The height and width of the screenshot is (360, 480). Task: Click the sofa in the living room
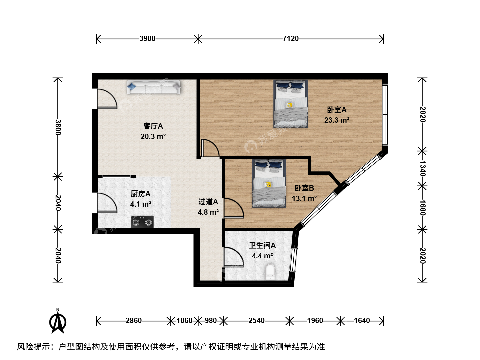point(154,87)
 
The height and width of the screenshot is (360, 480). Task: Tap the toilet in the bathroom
point(270,272)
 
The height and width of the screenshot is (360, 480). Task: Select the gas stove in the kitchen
point(142,222)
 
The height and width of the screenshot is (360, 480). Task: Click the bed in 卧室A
point(291,104)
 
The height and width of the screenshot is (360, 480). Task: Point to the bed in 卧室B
point(269,183)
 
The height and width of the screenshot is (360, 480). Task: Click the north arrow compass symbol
point(58,321)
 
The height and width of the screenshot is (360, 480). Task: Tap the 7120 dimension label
point(290,39)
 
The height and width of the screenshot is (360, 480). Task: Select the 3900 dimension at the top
point(147,39)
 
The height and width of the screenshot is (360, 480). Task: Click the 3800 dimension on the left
point(58,127)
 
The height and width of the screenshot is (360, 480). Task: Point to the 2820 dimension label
point(422,114)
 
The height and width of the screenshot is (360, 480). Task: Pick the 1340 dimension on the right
point(422,169)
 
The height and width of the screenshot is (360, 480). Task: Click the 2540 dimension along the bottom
point(256,321)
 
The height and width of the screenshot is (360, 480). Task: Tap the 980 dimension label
point(211,321)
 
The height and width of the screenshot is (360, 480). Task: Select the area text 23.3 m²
point(337,120)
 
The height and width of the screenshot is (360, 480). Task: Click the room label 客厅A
point(153,126)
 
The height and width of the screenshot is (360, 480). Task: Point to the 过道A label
point(208,202)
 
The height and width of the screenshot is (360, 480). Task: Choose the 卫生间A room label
point(262,245)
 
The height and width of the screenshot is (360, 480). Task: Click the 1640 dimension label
point(362,321)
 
